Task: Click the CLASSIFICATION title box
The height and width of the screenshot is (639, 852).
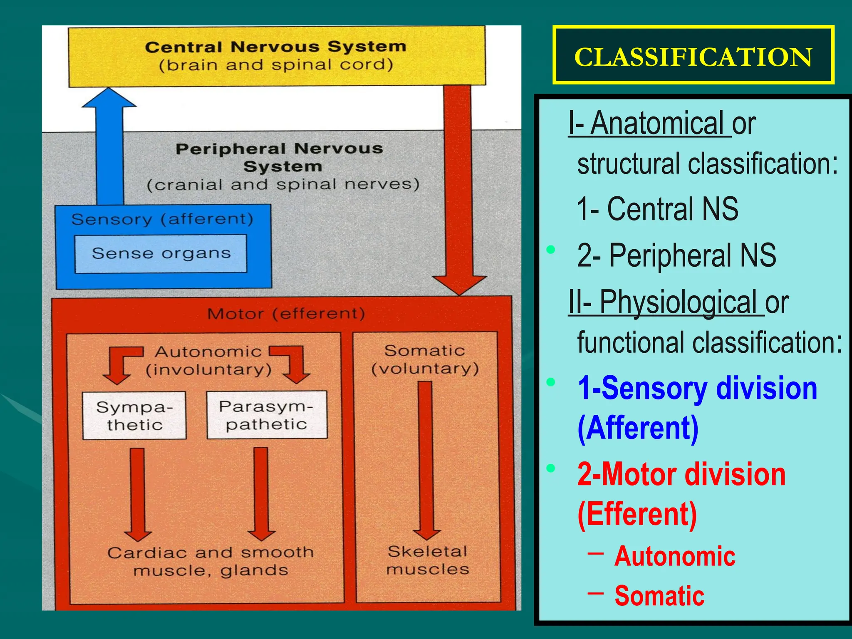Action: click(693, 55)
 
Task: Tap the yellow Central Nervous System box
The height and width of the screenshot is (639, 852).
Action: click(276, 56)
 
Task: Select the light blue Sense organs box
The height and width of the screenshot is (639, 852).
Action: click(161, 253)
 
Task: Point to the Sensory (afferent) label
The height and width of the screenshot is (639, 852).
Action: click(162, 219)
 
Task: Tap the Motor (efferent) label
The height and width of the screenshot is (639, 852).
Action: click(286, 314)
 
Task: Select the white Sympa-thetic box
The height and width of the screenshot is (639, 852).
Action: click(134, 416)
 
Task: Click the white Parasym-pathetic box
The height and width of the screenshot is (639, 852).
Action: click(267, 415)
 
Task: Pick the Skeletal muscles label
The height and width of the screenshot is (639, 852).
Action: click(428, 560)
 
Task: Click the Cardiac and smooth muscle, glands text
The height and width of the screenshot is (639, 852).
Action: click(211, 561)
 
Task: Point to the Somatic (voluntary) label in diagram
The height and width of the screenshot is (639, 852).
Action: click(425, 359)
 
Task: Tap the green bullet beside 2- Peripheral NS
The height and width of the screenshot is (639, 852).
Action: click(551, 250)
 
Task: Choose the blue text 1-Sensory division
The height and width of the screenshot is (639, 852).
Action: click(697, 388)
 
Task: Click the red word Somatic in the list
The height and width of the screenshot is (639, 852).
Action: click(659, 596)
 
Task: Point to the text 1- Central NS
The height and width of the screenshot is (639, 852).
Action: click(657, 209)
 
